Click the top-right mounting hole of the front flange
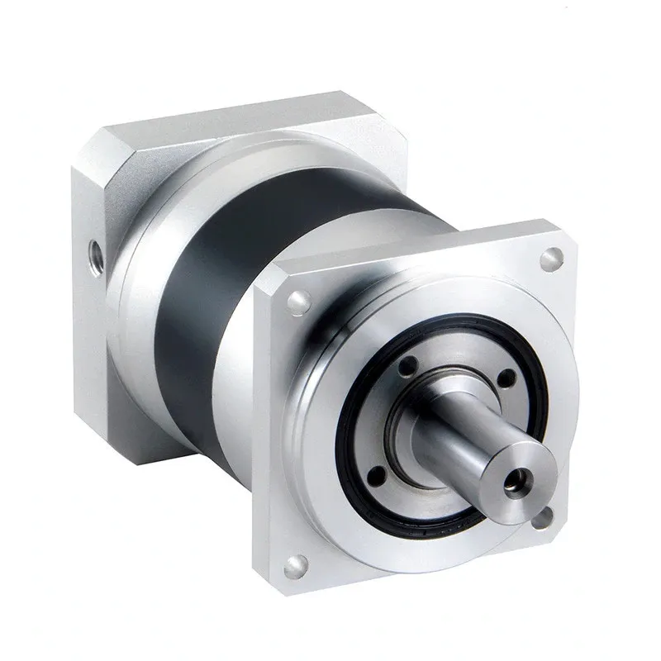tap(549, 258)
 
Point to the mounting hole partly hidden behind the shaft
tap(543, 519)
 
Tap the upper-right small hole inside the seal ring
tap(506, 379)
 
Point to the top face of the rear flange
tap(248, 116)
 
